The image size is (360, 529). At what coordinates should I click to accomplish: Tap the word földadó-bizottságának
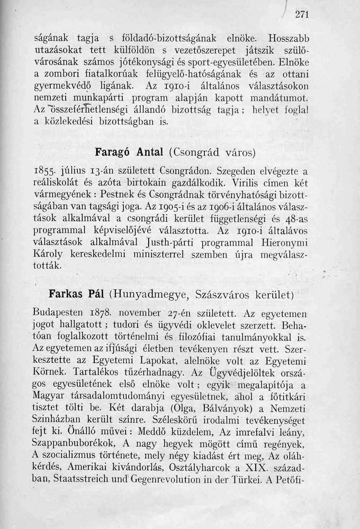[x=169, y=39]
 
